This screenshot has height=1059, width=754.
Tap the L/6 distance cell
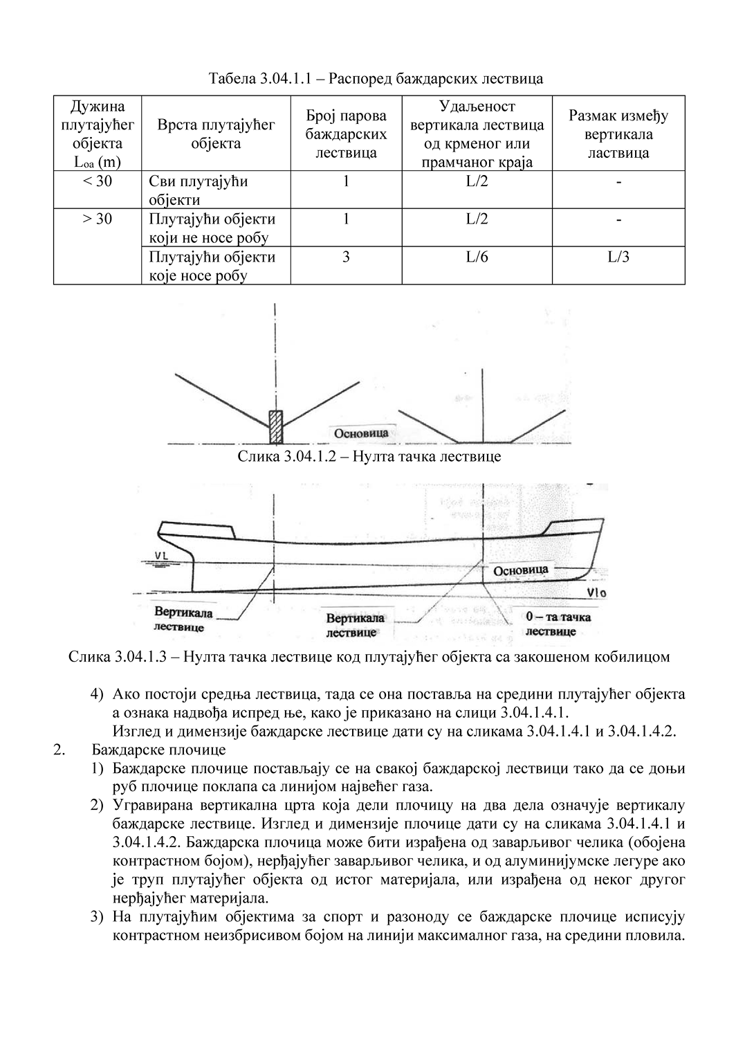(x=477, y=257)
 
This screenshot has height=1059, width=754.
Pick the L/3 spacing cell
(x=618, y=257)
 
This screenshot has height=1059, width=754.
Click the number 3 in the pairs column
(x=346, y=257)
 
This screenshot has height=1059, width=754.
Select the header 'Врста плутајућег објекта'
(x=216, y=134)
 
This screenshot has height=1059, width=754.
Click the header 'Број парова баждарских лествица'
(x=346, y=134)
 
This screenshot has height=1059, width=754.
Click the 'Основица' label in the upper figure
(x=361, y=433)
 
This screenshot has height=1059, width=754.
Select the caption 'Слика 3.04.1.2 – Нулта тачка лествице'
(x=369, y=457)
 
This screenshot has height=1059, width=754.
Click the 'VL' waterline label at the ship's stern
(x=163, y=554)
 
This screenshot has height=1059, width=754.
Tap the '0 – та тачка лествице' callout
(x=558, y=624)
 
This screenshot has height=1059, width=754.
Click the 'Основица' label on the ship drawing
(x=520, y=570)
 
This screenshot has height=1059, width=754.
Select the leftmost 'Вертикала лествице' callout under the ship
(x=183, y=619)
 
